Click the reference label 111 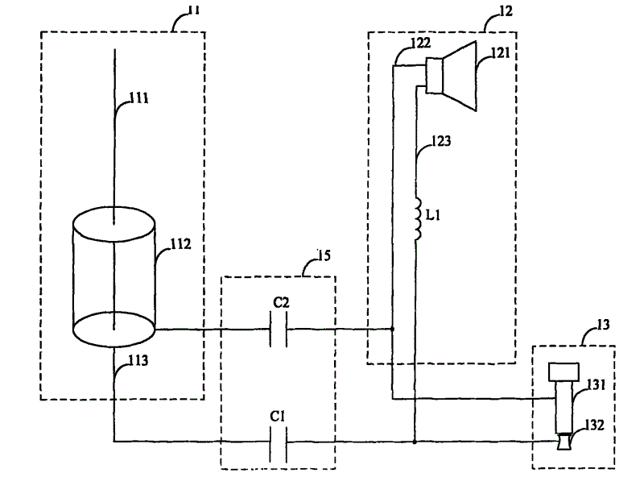138,97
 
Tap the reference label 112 180,244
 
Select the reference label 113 138,360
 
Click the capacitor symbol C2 278,329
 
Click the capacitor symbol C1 278,445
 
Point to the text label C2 281,303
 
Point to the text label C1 277,417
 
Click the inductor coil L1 418,219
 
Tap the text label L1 433,214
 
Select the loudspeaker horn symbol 452,76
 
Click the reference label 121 500,53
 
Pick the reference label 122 420,43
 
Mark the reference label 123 441,141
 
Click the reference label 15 324,255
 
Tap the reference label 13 603,325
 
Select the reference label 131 597,385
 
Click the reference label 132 594,425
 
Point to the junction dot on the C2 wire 392,329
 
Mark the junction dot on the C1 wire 415,442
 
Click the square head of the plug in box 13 564,371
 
